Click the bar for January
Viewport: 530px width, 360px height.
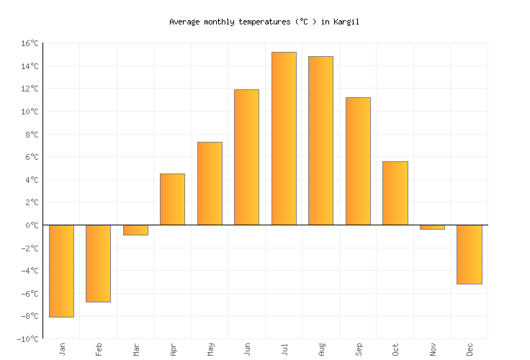click(61, 271)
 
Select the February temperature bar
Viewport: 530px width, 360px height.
click(98, 264)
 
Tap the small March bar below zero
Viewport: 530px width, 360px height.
click(135, 230)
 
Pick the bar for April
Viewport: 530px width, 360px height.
click(172, 199)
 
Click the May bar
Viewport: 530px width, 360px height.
click(210, 184)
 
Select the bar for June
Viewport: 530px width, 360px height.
click(246, 157)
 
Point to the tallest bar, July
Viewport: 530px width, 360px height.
click(284, 138)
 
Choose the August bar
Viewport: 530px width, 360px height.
click(320, 140)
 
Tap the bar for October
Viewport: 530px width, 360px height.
click(395, 193)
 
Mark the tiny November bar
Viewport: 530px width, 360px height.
click(432, 228)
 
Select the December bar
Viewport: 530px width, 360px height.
click(469, 254)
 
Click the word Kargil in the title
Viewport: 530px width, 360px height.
click(346, 22)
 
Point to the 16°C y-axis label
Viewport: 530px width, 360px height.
click(30, 44)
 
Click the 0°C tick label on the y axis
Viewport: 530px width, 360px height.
click(32, 225)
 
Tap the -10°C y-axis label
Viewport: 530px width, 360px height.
click(28, 339)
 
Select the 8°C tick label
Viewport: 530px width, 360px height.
click(32, 135)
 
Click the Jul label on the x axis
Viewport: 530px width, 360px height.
click(284, 349)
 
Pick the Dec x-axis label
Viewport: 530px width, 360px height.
click(470, 349)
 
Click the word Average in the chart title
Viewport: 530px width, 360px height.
click(184, 22)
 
